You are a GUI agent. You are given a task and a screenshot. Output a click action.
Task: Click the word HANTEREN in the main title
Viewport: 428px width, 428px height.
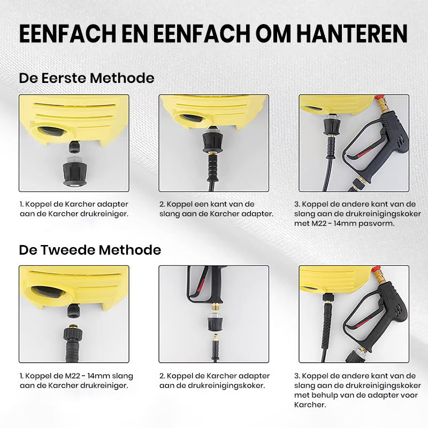click(x=352, y=34)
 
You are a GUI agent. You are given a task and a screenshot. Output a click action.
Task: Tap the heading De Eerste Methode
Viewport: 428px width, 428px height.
click(x=87, y=78)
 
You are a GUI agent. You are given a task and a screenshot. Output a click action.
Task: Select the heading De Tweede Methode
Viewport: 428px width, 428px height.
click(x=90, y=250)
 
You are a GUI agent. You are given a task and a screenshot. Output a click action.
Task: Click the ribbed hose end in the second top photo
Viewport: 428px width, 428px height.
click(x=212, y=167)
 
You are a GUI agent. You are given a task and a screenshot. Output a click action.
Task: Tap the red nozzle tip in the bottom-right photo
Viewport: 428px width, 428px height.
click(x=377, y=269)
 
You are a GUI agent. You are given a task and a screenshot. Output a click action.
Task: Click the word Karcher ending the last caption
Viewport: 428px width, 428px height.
click(x=310, y=405)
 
